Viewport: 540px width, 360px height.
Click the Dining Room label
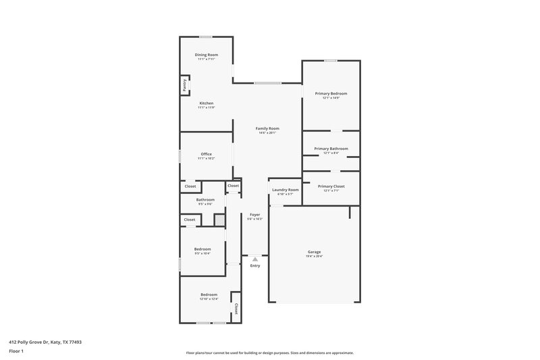(x=207, y=55)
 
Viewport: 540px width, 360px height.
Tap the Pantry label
(x=184, y=84)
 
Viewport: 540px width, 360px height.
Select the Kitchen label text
(x=206, y=103)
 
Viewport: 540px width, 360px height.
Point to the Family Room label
(x=267, y=128)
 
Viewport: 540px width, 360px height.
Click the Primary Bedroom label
(x=331, y=93)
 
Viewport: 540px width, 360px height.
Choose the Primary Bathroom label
(x=331, y=149)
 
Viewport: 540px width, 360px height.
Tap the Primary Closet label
(x=331, y=186)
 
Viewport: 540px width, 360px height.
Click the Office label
(x=206, y=154)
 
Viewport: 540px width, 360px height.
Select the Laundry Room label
(x=285, y=190)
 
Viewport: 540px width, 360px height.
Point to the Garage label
(x=315, y=252)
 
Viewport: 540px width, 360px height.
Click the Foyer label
(x=254, y=215)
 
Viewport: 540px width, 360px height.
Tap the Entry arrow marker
(x=254, y=259)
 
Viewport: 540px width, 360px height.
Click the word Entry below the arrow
(x=254, y=265)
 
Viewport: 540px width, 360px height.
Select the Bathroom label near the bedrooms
(x=205, y=200)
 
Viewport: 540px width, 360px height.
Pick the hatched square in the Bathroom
(x=219, y=220)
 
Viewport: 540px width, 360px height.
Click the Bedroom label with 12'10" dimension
(x=209, y=295)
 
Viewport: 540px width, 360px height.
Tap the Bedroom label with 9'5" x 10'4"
(x=202, y=249)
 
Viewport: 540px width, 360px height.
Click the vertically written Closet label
(x=236, y=307)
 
